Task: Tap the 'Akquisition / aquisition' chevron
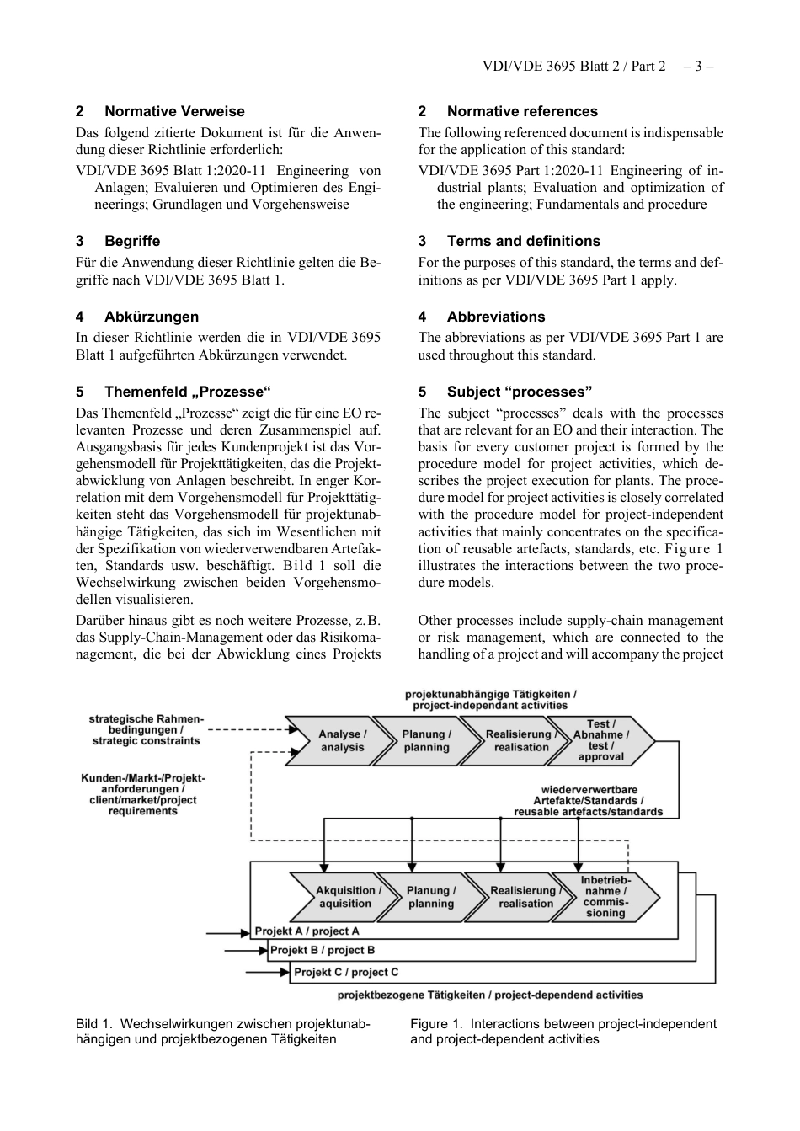[345, 897]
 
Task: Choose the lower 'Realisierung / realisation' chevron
[524, 897]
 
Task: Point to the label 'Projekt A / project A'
[307, 931]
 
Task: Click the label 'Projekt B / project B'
[323, 950]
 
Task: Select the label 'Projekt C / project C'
[346, 972]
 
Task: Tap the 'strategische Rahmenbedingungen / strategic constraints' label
[147, 730]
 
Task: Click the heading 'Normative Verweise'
[174, 111]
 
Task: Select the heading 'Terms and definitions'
[523, 241]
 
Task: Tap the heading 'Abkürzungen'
[152, 317]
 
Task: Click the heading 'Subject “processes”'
[519, 392]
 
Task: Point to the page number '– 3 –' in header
[698, 66]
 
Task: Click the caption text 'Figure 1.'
[436, 1024]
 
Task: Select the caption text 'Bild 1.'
[93, 1024]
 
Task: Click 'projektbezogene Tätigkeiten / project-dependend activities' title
[489, 995]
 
